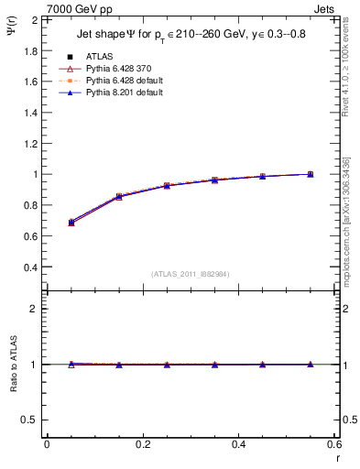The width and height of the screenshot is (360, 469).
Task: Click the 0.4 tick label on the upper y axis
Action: [30, 267]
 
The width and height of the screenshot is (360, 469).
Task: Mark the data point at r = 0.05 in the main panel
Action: [71, 223]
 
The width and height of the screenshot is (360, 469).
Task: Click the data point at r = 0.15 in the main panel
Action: [119, 196]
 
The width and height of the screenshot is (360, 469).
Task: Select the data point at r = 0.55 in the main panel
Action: [311, 174]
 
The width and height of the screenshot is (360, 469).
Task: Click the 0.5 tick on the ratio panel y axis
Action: [30, 420]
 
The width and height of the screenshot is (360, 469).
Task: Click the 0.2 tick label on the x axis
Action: [143, 444]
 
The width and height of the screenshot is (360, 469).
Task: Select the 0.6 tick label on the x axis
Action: [333, 444]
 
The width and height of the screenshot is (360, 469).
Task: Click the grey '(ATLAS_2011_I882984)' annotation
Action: [190, 274]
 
